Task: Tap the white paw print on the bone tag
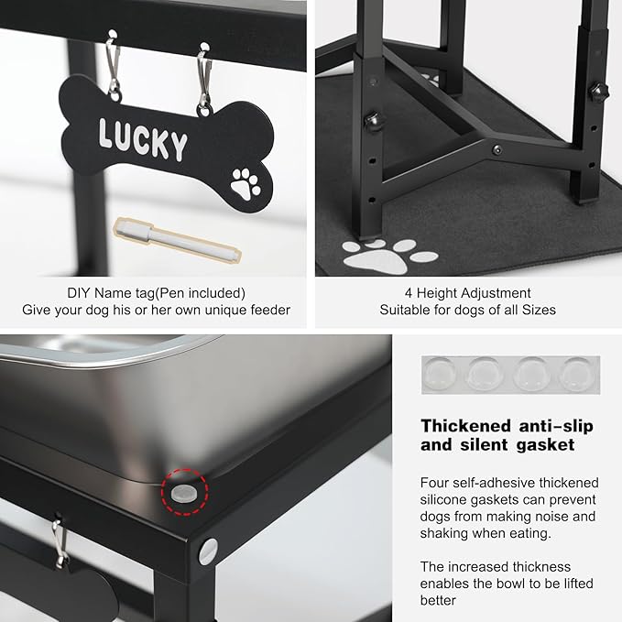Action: tap(246, 183)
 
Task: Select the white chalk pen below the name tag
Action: tap(178, 239)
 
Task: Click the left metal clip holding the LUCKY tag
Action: tap(113, 65)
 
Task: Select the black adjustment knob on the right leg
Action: tap(598, 92)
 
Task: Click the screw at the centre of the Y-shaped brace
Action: tap(497, 150)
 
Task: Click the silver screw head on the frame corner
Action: tap(208, 551)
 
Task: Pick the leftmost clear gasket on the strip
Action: tap(440, 374)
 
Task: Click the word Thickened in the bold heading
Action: tap(465, 426)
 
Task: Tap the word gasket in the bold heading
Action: tap(545, 445)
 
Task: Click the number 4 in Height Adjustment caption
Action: tap(409, 293)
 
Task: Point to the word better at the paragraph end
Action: tap(438, 600)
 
